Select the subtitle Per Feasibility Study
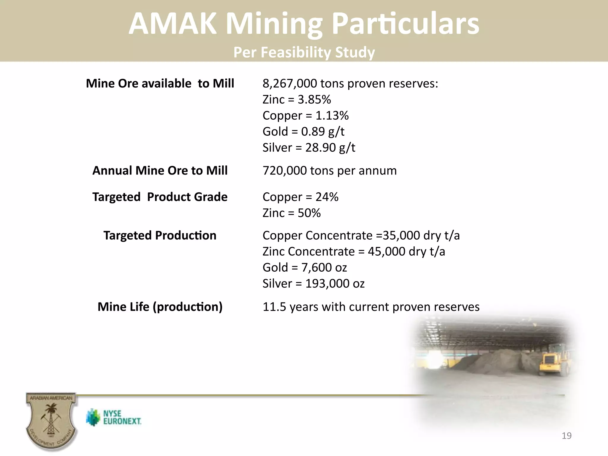coord(304,52)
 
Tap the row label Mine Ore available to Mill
coord(160,83)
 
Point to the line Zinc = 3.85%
coord(297,100)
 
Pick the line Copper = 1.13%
coord(305,116)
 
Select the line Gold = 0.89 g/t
coord(303,132)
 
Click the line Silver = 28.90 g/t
coord(309,148)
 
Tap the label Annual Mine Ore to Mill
coord(160,171)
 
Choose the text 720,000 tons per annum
coord(330,171)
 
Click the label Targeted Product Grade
coord(160,197)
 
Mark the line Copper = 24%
coord(300,197)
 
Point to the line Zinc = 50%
coord(292,213)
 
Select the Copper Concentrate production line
coord(361,236)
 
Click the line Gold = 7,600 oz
coord(305,268)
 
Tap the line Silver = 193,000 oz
coord(313,284)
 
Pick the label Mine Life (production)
coord(160,307)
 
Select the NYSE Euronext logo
coord(114,417)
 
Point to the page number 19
coord(566,436)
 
